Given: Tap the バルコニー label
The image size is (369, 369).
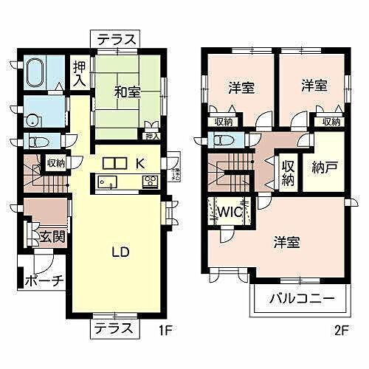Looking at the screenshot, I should point(301,299).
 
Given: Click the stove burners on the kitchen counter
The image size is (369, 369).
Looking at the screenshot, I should point(150,181).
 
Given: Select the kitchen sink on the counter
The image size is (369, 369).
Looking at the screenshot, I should point(103,182).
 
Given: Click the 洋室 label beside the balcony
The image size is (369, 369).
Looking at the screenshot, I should point(286,241).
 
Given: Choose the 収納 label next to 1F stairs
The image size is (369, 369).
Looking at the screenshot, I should point(56,163).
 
